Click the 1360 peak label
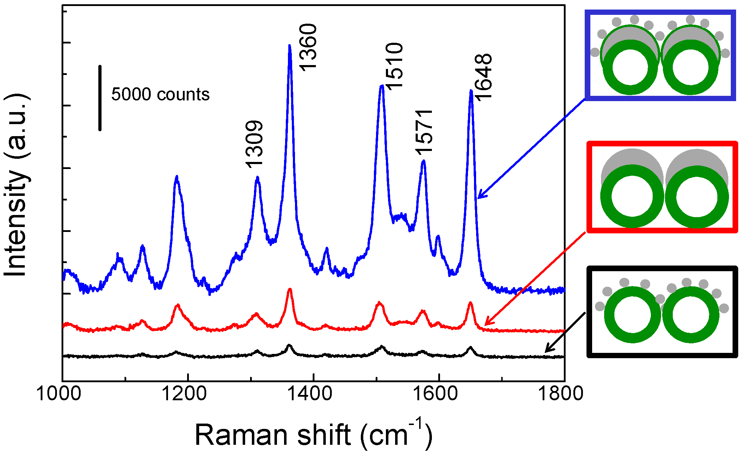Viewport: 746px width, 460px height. (307, 47)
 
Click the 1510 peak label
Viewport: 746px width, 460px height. (394, 66)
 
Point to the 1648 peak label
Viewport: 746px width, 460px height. (483, 77)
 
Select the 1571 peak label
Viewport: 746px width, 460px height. (424, 133)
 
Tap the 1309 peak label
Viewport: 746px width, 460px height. (254, 144)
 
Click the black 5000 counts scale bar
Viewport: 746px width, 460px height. (100, 98)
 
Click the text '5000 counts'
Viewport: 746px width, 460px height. (160, 94)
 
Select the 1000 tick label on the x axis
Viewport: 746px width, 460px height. (59, 393)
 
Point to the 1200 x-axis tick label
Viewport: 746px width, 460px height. (184, 393)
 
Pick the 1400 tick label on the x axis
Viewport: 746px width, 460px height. (310, 393)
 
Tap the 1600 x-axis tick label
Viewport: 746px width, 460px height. (435, 393)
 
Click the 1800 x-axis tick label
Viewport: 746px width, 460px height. (560, 393)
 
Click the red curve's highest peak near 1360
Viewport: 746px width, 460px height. (290, 289)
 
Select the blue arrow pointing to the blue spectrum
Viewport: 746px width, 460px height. (531, 149)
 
